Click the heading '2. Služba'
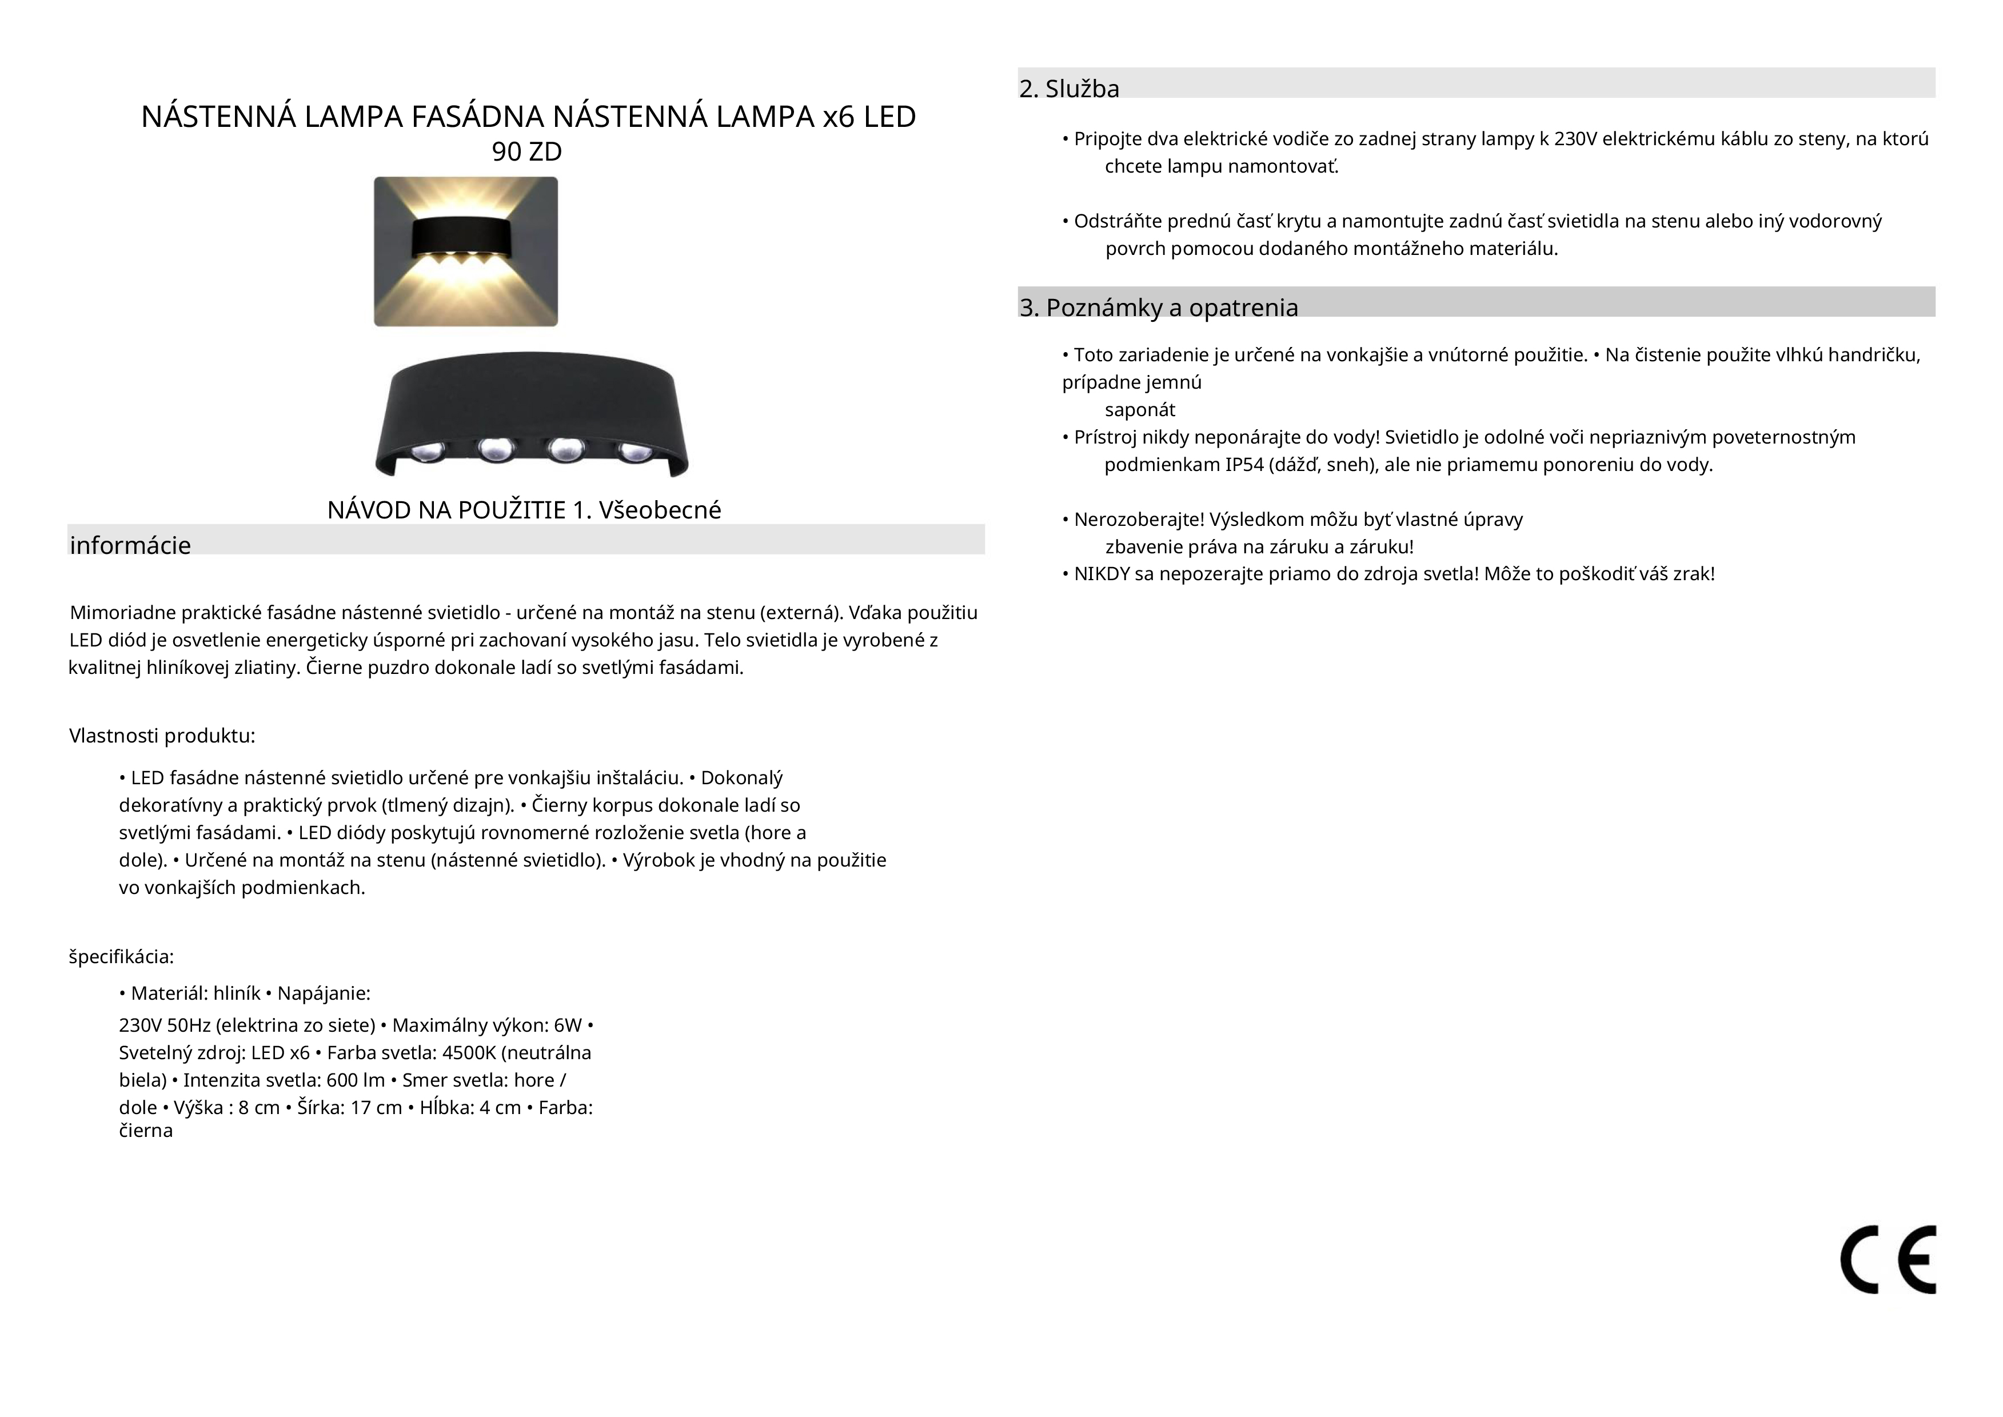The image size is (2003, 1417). click(x=1069, y=89)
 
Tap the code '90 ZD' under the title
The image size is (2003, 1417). click(x=527, y=152)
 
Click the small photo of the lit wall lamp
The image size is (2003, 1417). click(x=466, y=252)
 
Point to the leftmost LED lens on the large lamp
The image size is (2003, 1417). click(x=428, y=450)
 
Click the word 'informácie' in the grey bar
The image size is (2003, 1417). click(x=130, y=545)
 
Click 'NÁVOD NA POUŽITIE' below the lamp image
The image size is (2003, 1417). click(x=446, y=510)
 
